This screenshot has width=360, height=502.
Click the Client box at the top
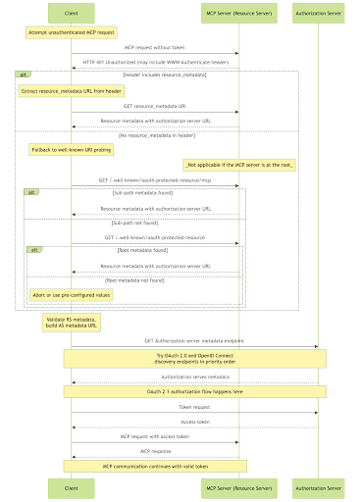click(71, 14)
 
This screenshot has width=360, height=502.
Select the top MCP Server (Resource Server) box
click(238, 14)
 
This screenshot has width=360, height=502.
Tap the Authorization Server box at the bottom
click(318, 486)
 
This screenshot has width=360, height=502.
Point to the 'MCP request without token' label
click(155, 47)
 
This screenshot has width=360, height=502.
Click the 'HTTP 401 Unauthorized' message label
click(155, 62)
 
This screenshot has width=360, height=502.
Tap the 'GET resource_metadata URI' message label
click(155, 106)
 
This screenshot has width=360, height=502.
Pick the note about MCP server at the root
click(239, 165)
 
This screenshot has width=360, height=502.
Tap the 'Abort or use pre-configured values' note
click(71, 294)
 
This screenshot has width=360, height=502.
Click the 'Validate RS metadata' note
click(71, 323)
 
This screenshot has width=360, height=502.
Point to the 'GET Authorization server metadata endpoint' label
click(194, 340)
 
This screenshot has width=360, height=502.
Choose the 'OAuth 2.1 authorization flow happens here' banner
click(194, 390)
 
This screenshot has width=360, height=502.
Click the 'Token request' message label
click(194, 407)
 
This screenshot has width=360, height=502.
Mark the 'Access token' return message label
click(194, 422)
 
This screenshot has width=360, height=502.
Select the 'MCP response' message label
click(155, 451)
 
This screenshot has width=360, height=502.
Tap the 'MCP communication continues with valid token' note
click(155, 466)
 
